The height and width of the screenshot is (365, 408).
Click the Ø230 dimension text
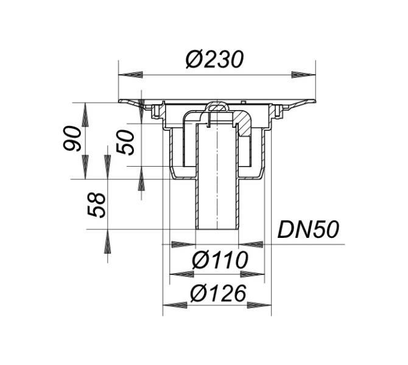coord(215,59)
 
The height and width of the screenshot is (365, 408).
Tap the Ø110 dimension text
coord(220,260)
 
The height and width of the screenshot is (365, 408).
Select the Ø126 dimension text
coord(218,293)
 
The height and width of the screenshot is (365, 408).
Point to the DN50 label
coord(308,229)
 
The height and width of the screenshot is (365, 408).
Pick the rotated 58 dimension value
coord(97,205)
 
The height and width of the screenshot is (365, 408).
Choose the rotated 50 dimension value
coord(125,142)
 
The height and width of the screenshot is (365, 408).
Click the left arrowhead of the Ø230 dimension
coord(131,75)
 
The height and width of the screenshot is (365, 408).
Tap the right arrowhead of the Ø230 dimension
coord(303,75)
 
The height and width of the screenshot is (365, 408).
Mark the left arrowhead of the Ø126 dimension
coord(175,305)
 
